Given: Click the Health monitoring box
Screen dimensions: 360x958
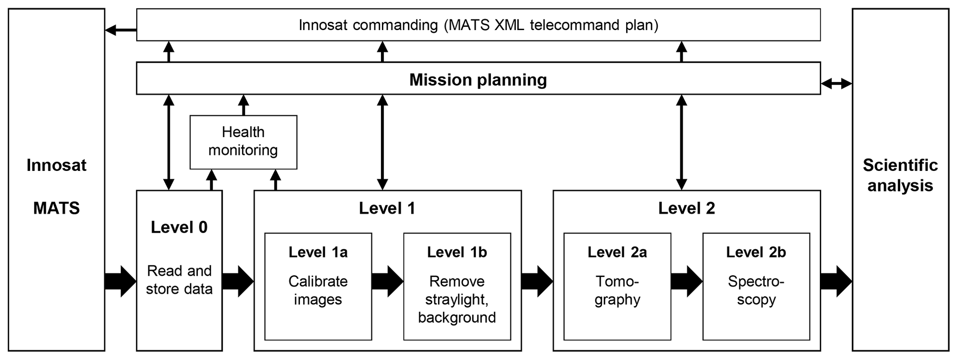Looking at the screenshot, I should (243, 142).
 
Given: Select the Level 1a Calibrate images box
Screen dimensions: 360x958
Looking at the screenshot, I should (318, 286).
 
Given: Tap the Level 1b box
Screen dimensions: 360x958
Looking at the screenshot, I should (457, 286).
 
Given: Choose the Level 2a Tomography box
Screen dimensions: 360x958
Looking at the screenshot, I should (617, 286).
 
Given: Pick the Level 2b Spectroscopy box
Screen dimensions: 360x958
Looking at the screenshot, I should (756, 286).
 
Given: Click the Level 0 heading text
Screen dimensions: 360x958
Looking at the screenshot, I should (179, 227).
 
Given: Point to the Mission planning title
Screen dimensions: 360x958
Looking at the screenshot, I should (478, 80).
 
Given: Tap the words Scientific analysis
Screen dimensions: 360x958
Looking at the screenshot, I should (900, 175).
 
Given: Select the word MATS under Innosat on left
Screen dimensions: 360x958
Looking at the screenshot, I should (57, 208).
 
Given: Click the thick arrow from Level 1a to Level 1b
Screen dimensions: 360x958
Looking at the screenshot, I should (387, 281).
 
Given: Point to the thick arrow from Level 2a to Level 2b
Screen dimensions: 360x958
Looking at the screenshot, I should (686, 281).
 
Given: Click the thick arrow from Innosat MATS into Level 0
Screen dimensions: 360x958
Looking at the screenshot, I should (121, 281).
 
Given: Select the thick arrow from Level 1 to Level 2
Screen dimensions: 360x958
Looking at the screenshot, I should (537, 281).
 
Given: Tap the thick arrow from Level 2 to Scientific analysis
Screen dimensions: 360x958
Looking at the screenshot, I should (836, 281).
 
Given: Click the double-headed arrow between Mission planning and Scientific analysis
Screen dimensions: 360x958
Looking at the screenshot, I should (836, 84).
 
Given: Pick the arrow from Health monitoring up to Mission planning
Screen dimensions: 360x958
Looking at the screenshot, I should (243, 105).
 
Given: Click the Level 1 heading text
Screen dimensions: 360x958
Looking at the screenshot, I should (387, 208).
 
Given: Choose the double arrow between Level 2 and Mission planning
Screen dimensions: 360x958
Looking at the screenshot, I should (681, 142).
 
